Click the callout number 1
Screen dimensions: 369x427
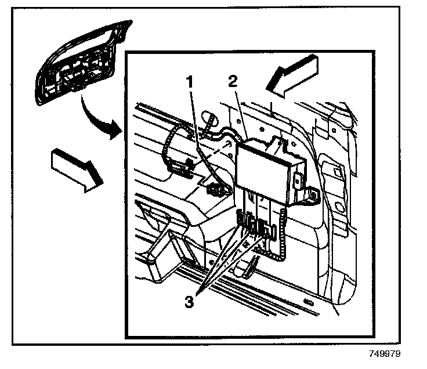click(x=189, y=82)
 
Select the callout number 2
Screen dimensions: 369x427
click(x=232, y=81)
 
